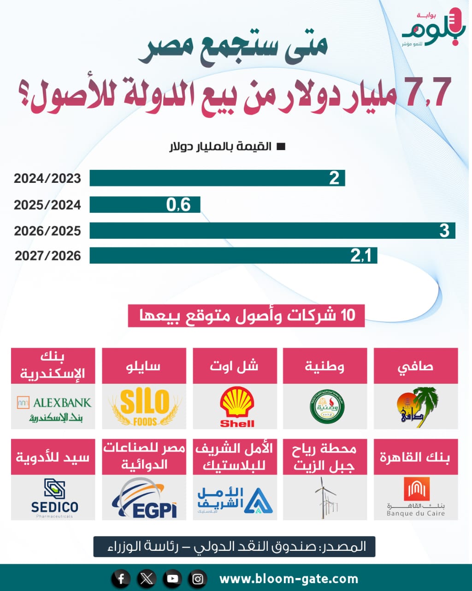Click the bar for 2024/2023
tap(217, 178)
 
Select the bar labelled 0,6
tap(145, 205)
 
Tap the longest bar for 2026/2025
tap(272, 230)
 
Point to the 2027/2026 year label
tap(47, 256)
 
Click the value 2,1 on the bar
tap(360, 256)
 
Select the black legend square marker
tap(281, 147)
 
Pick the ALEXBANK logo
tap(54, 408)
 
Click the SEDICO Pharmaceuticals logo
tap(54, 498)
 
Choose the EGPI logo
tap(145, 499)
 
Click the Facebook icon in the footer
tap(121, 579)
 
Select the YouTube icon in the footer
tap(172, 579)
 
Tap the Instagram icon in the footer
tap(198, 579)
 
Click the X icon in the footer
tap(147, 579)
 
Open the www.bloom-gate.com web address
tap(289, 579)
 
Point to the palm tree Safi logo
tap(416, 407)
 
